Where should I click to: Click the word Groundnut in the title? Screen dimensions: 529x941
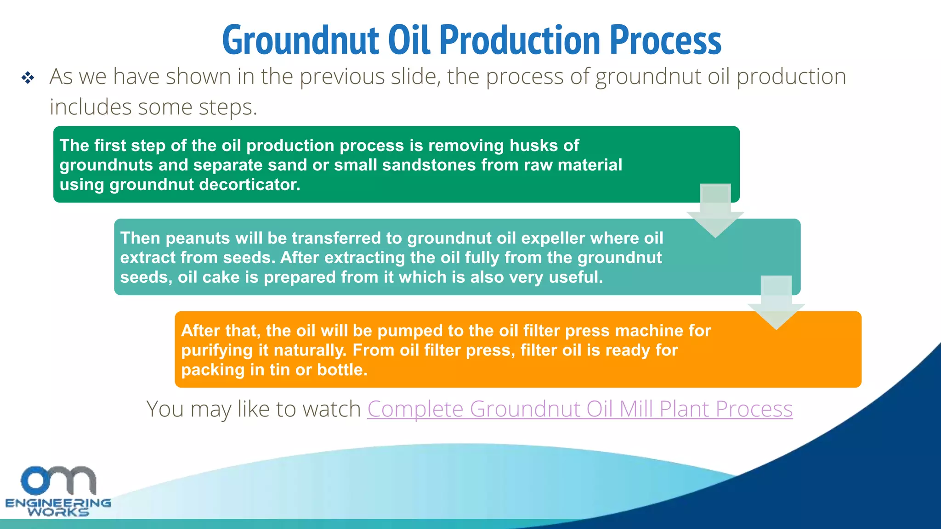(x=300, y=40)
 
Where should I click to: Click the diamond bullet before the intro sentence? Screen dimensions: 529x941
(x=28, y=78)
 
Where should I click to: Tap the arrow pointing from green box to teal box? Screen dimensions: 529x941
(x=715, y=211)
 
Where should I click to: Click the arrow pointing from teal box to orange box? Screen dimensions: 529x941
(x=776, y=303)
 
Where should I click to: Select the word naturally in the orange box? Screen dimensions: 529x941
(x=310, y=350)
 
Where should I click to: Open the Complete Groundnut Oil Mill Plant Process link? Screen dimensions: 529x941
(x=580, y=409)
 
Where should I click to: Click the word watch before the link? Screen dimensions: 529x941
(x=334, y=409)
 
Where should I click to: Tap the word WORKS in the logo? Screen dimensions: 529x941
(x=58, y=512)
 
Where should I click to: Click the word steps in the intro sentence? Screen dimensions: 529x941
(x=227, y=107)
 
